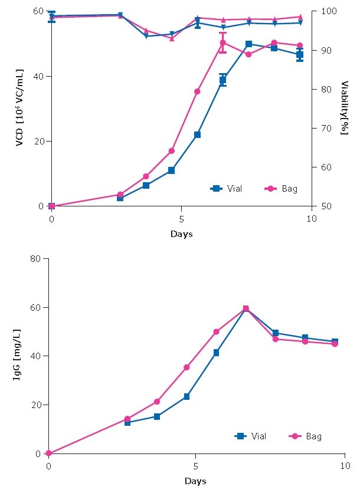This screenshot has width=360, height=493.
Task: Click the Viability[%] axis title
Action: click(x=343, y=109)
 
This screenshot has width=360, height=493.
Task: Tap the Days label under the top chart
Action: click(x=181, y=234)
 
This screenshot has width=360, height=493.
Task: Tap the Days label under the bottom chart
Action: click(x=195, y=481)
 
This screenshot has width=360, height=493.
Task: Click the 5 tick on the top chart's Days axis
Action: click(x=181, y=218)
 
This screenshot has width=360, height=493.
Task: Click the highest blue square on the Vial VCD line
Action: click(x=248, y=44)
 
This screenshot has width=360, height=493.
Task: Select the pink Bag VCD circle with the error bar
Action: click(x=222, y=42)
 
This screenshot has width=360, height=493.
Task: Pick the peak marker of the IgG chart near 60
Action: click(x=246, y=308)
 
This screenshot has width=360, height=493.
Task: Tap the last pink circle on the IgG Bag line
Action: click(x=335, y=344)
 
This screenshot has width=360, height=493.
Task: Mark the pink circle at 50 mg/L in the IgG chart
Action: click(x=216, y=332)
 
